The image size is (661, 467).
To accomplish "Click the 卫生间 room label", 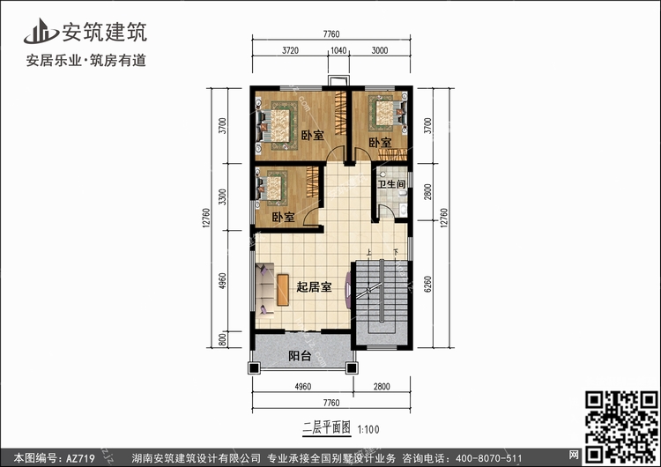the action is click(x=391, y=184).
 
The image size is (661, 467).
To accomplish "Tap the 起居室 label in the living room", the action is click(x=314, y=287).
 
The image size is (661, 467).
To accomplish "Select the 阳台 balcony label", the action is click(x=300, y=356).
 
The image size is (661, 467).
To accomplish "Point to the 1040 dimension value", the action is click(x=338, y=50).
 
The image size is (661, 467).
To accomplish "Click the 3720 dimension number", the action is click(x=290, y=50).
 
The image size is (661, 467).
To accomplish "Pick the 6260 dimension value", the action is click(x=427, y=284).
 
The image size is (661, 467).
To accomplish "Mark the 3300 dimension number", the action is click(x=223, y=196).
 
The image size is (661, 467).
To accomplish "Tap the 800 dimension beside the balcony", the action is click(x=223, y=339).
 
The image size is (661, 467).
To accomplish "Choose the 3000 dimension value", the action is click(x=379, y=50).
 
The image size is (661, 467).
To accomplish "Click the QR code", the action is click(x=621, y=427).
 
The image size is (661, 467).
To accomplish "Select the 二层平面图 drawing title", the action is click(x=327, y=428).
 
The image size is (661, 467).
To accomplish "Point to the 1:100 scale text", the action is click(x=368, y=430).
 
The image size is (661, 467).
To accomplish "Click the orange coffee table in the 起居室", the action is click(x=283, y=290).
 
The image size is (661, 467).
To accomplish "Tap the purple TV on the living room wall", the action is click(x=348, y=290).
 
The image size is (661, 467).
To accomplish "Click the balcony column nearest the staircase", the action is click(x=352, y=368).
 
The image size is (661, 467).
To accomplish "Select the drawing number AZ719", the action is click(x=80, y=458).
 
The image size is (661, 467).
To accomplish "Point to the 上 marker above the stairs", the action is click(x=369, y=253).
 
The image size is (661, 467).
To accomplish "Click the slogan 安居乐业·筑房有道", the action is click(x=86, y=61).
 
